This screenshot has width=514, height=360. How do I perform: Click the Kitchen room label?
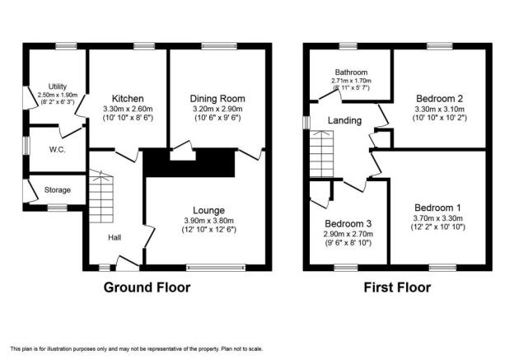(128, 98)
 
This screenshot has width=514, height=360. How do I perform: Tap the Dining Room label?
(217, 98)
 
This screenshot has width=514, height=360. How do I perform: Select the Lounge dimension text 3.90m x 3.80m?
(209, 221)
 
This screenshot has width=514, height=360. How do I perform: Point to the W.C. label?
(58, 150)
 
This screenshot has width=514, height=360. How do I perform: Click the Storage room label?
(58, 189)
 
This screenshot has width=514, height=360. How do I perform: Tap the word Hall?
(114, 237)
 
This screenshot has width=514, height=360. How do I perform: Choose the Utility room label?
(58, 86)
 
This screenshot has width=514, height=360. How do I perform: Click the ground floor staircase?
(101, 196)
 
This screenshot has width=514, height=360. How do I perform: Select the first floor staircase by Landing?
(321, 154)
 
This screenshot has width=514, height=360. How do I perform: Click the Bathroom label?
(351, 72)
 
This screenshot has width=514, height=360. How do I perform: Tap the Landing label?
(344, 120)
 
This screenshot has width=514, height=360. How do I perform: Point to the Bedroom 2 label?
(439, 98)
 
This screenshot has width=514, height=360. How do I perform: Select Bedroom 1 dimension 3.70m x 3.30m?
(437, 218)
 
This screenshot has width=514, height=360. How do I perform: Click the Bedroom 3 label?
(348, 223)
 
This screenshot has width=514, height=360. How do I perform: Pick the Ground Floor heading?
(147, 288)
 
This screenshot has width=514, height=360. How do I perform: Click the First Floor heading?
(397, 288)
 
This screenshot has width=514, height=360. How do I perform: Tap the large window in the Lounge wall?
(216, 268)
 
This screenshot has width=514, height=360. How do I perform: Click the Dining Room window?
(219, 46)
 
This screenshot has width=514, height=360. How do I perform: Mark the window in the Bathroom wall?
(348, 46)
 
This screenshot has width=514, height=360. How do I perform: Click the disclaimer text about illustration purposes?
(137, 348)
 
